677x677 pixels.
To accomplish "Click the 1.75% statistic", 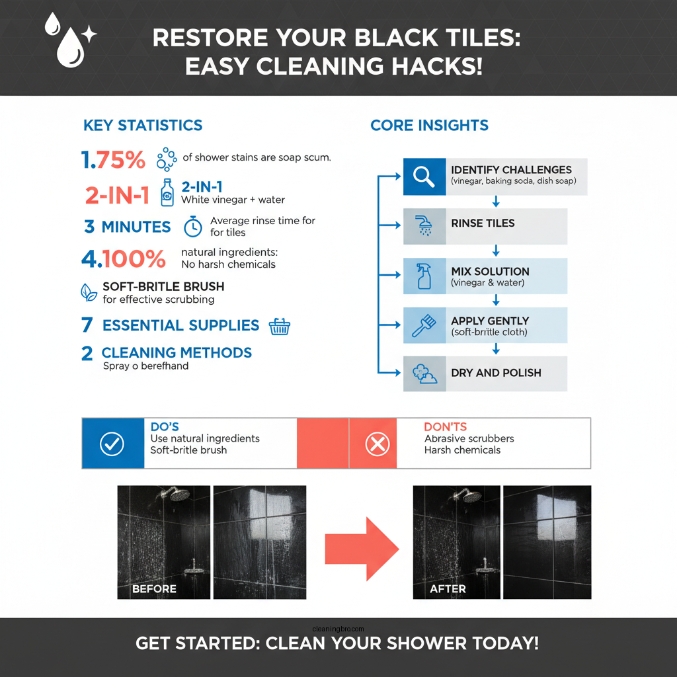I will (113, 159).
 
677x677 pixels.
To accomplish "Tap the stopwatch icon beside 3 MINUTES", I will (192, 226).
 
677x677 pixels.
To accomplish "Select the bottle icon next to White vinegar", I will (167, 192).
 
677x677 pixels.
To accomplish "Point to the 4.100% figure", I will (124, 259).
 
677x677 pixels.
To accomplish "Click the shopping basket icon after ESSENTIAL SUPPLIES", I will (280, 326).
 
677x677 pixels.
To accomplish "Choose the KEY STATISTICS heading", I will (143, 125).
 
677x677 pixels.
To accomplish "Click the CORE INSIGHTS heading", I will (429, 125).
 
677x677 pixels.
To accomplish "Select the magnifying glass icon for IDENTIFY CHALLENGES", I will (422, 176).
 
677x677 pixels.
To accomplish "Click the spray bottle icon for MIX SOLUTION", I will (423, 276).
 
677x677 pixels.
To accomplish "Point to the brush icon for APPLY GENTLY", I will (423, 325).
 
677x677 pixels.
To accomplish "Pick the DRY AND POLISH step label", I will (496, 373).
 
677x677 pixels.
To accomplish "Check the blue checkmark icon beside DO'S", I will (112, 444).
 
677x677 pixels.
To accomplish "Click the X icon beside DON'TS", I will (378, 444).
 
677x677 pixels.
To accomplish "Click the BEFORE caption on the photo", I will (154, 588).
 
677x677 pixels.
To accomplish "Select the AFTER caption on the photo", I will (448, 588).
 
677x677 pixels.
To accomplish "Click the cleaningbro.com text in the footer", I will (338, 629).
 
